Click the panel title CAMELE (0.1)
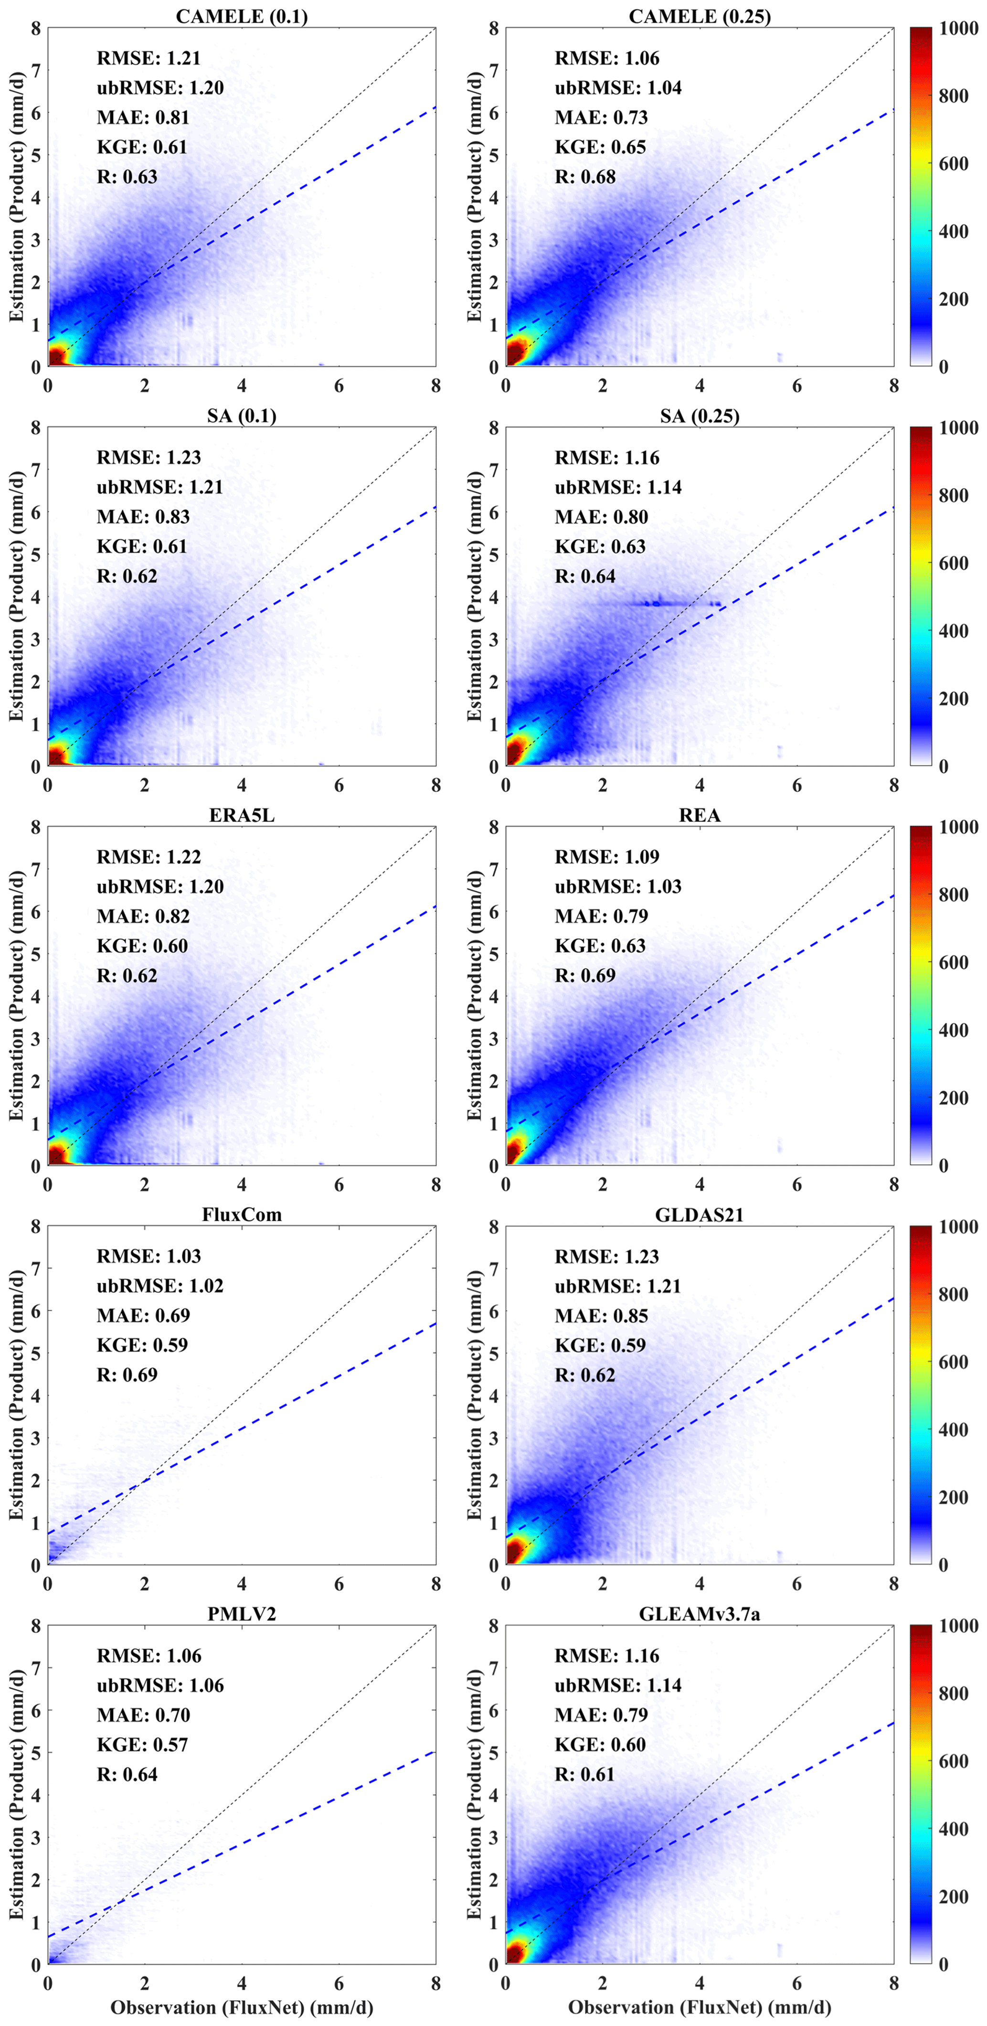pyautogui.click(x=242, y=17)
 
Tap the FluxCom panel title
pyautogui.click(x=242, y=1215)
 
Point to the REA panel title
pyautogui.click(x=699, y=816)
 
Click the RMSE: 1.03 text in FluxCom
pyautogui.click(x=149, y=1257)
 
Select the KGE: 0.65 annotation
pyautogui.click(x=600, y=147)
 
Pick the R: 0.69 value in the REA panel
pyautogui.click(x=585, y=975)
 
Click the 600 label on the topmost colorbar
pyautogui.click(x=953, y=164)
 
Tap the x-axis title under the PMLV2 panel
pyautogui.click(x=242, y=2007)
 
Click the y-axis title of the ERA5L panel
pyautogui.click(x=16, y=996)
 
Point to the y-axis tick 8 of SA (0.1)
pyautogui.click(x=35, y=428)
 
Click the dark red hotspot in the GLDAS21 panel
pyautogui.click(x=515, y=1550)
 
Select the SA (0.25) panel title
pyautogui.click(x=699, y=416)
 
